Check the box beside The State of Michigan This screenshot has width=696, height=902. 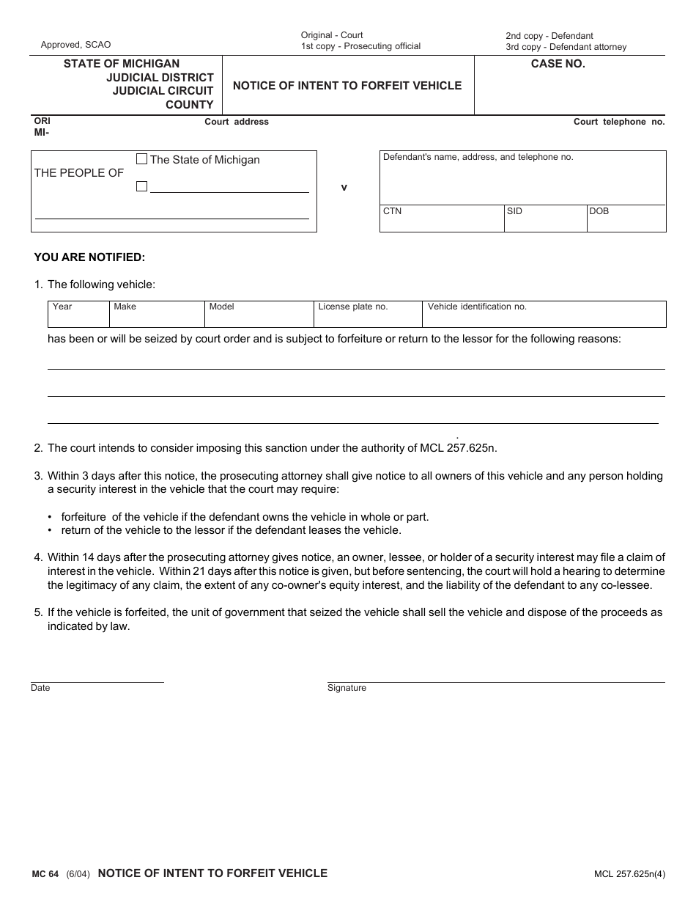142,159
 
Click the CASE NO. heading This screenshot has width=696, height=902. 558,64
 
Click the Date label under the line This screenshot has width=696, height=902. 40,689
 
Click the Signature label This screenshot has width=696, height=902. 347,689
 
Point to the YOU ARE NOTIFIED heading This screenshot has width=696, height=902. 89,257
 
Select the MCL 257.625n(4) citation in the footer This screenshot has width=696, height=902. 629,874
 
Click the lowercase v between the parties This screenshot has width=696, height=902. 344,188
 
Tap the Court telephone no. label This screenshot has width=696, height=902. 618,122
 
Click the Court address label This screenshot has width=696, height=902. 236,122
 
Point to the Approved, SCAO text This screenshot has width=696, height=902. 75,45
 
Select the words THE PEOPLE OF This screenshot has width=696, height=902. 79,173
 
